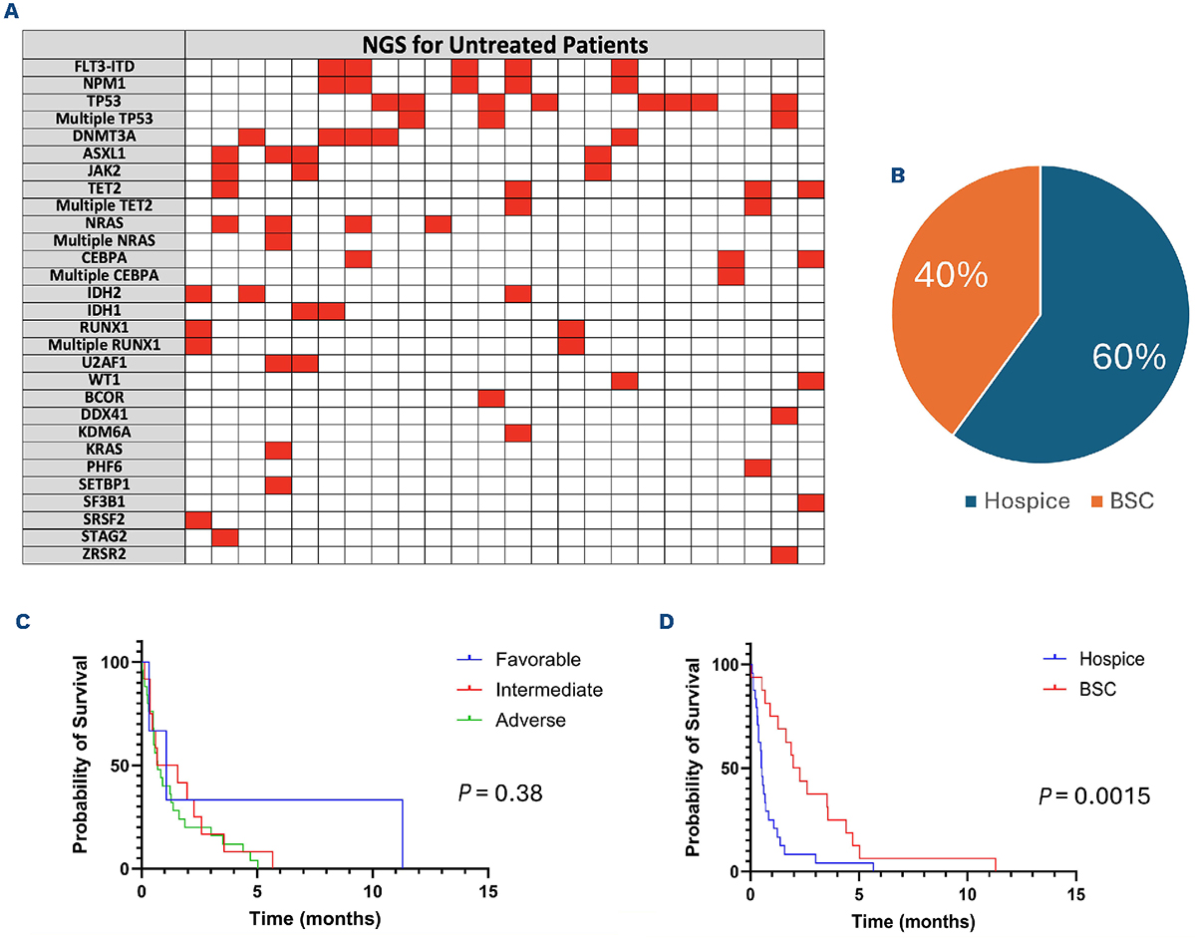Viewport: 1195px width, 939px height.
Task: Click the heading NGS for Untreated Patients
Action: pyautogui.click(x=504, y=44)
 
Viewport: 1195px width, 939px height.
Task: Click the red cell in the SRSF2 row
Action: pyautogui.click(x=198, y=519)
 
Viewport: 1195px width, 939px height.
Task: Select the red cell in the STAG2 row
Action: pyautogui.click(x=224, y=537)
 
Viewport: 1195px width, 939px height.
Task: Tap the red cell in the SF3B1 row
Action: pyautogui.click(x=810, y=502)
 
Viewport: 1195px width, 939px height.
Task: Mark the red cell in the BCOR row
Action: pyautogui.click(x=490, y=398)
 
